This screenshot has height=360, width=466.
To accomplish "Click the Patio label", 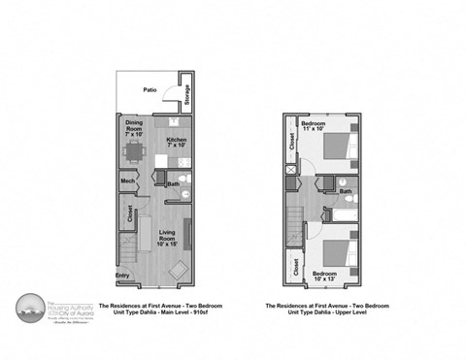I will click(x=150, y=89).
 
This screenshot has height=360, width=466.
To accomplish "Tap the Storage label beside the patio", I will click(x=187, y=96).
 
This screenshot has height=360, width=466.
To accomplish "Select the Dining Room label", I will click(x=134, y=125).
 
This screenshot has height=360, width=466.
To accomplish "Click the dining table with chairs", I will click(x=134, y=152).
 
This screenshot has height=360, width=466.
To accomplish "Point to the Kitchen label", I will click(x=176, y=143).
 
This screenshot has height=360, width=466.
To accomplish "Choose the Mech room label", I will click(x=128, y=180).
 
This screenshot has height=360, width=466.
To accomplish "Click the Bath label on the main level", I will click(x=172, y=184).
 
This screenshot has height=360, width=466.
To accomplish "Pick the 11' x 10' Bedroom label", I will click(x=313, y=126).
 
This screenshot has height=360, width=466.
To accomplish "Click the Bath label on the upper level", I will click(x=346, y=191).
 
